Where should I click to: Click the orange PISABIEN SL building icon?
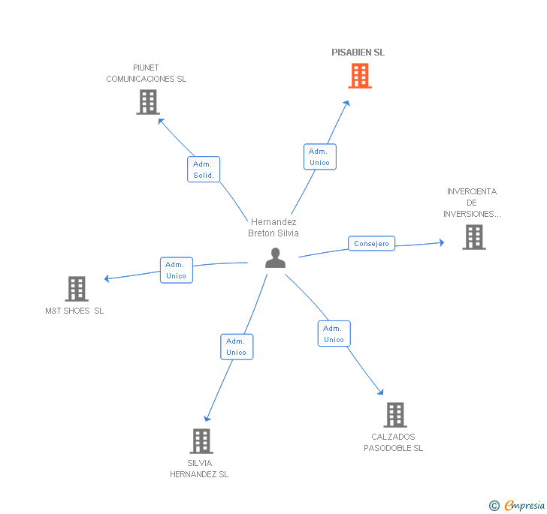point(360,76)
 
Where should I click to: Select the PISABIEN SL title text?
point(358,53)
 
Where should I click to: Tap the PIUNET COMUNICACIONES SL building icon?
point(148,102)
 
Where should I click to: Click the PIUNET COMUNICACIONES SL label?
point(147,74)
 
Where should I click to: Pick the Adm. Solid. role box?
point(204,170)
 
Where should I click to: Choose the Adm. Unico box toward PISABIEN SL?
point(320,157)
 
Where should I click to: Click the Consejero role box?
point(371,243)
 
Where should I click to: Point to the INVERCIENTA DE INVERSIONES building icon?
point(474,237)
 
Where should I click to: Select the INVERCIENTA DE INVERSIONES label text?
point(472,203)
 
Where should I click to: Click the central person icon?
point(275,258)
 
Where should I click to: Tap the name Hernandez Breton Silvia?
point(273,227)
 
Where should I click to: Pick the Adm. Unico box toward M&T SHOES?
point(177,270)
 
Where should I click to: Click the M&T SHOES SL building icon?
point(77,289)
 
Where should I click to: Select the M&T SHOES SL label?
point(74,311)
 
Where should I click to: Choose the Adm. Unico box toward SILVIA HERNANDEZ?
point(237,347)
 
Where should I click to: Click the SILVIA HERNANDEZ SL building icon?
point(201,441)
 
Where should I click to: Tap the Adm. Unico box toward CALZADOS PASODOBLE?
point(334,333)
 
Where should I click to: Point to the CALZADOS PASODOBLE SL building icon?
point(395,415)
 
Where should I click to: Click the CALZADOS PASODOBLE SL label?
point(393,442)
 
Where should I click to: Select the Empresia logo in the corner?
point(517,505)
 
